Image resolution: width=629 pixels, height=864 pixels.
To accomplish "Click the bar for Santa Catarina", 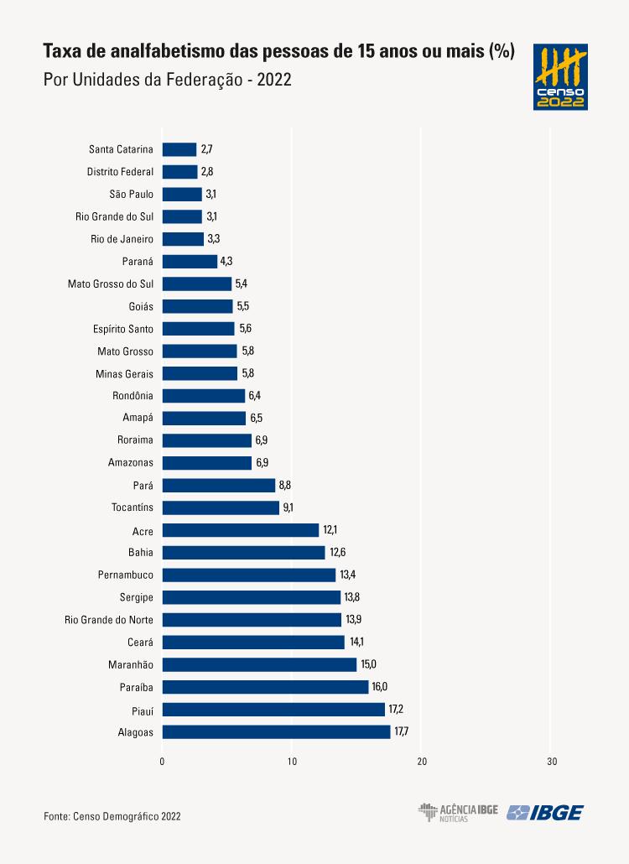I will click(x=179, y=149).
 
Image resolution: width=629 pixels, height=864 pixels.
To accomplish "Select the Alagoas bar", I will click(x=276, y=731).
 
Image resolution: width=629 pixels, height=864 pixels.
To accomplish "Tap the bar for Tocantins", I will click(x=221, y=507).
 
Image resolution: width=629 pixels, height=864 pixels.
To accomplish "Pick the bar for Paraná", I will click(x=190, y=261).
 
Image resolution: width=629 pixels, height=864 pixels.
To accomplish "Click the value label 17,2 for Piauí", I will click(x=396, y=710).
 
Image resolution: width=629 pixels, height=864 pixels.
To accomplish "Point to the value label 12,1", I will click(x=330, y=530).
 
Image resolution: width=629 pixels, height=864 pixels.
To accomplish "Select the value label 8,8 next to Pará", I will click(x=285, y=485).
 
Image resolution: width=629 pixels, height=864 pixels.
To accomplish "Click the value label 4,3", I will click(x=226, y=261).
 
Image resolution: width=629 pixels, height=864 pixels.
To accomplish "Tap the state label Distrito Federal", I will click(x=120, y=172).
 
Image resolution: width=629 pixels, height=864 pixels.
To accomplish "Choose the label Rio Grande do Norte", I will click(x=109, y=620).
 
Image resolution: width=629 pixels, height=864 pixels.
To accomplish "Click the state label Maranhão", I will click(x=131, y=664).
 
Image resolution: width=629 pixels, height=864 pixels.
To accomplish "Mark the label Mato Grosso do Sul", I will click(x=111, y=284).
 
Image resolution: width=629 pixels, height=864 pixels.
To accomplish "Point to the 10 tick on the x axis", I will click(x=292, y=762).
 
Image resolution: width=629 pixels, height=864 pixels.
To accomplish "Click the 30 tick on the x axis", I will click(x=551, y=762).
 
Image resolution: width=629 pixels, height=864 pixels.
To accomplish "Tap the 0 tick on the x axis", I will click(x=162, y=762).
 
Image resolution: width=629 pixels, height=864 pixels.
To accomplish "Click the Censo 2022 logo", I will click(x=560, y=77).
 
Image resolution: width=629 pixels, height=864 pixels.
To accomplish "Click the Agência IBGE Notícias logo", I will click(x=458, y=812).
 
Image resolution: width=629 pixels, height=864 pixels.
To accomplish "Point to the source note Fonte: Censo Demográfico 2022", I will click(x=112, y=815).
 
